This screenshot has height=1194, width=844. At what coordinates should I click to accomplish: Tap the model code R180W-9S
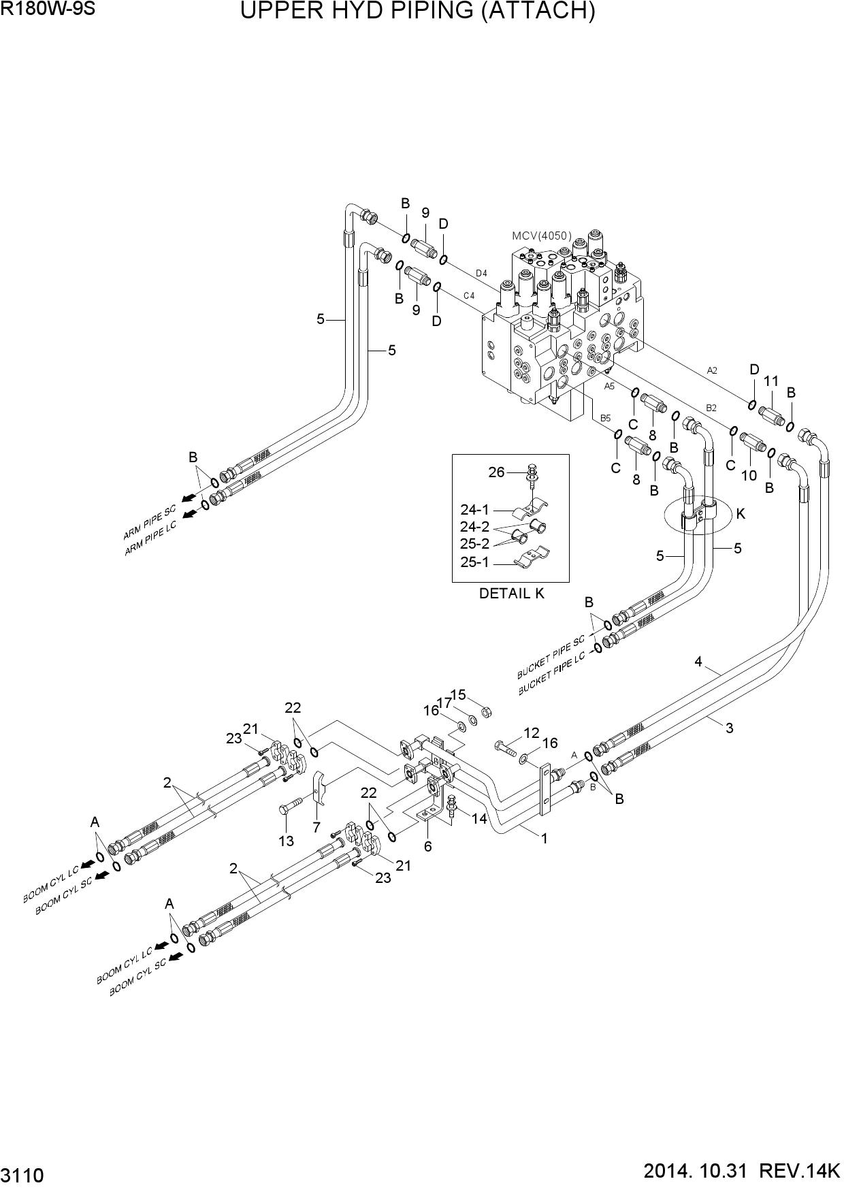(x=42, y=10)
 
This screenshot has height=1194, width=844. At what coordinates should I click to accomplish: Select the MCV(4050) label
(x=542, y=236)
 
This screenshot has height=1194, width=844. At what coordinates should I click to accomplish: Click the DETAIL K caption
(x=512, y=593)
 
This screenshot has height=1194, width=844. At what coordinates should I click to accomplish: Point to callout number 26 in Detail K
(x=496, y=472)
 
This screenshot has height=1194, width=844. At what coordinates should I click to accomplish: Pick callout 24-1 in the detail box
(x=474, y=509)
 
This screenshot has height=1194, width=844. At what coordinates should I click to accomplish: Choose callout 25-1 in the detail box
(x=474, y=562)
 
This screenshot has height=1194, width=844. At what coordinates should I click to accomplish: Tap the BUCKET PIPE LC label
(x=552, y=675)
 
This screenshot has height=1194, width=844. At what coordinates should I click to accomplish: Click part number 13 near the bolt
(x=286, y=841)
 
